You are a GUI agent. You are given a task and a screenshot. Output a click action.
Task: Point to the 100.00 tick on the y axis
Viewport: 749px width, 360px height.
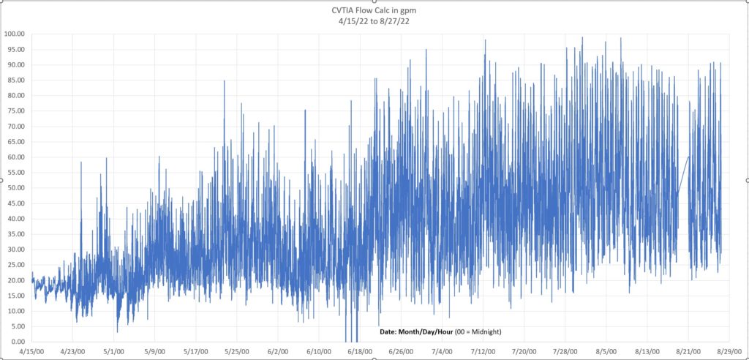pyautogui.click(x=15, y=34)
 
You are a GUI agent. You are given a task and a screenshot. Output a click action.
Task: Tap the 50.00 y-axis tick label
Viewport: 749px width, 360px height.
pyautogui.click(x=15, y=188)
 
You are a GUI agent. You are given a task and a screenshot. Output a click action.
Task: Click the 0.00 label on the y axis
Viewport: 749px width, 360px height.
pyautogui.click(x=18, y=342)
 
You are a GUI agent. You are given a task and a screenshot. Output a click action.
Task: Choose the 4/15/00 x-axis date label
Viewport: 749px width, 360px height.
pyautogui.click(x=32, y=352)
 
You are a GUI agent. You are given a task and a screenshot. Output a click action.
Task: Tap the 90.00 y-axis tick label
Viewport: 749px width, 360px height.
pyautogui.click(x=15, y=65)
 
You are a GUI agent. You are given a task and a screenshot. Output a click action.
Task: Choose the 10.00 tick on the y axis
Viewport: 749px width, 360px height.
pyautogui.click(x=15, y=311)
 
